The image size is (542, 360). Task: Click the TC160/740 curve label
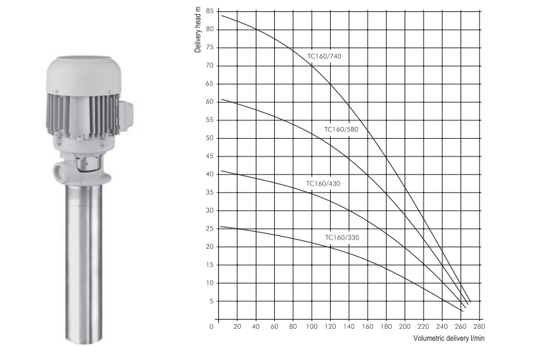click(x=324, y=57)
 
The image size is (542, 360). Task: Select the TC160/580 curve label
click(x=341, y=130)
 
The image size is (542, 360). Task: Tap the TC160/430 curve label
click(x=323, y=184)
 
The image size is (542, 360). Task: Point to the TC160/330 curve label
click(x=342, y=237)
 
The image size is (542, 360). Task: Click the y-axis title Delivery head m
click(x=198, y=32)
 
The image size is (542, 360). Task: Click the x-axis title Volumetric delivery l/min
click(x=448, y=338)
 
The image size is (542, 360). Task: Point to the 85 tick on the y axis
click(x=210, y=11)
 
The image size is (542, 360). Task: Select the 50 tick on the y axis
click(x=210, y=138)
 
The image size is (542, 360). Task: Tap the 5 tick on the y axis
click(x=212, y=301)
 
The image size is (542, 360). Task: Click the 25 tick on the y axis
click(x=210, y=229)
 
